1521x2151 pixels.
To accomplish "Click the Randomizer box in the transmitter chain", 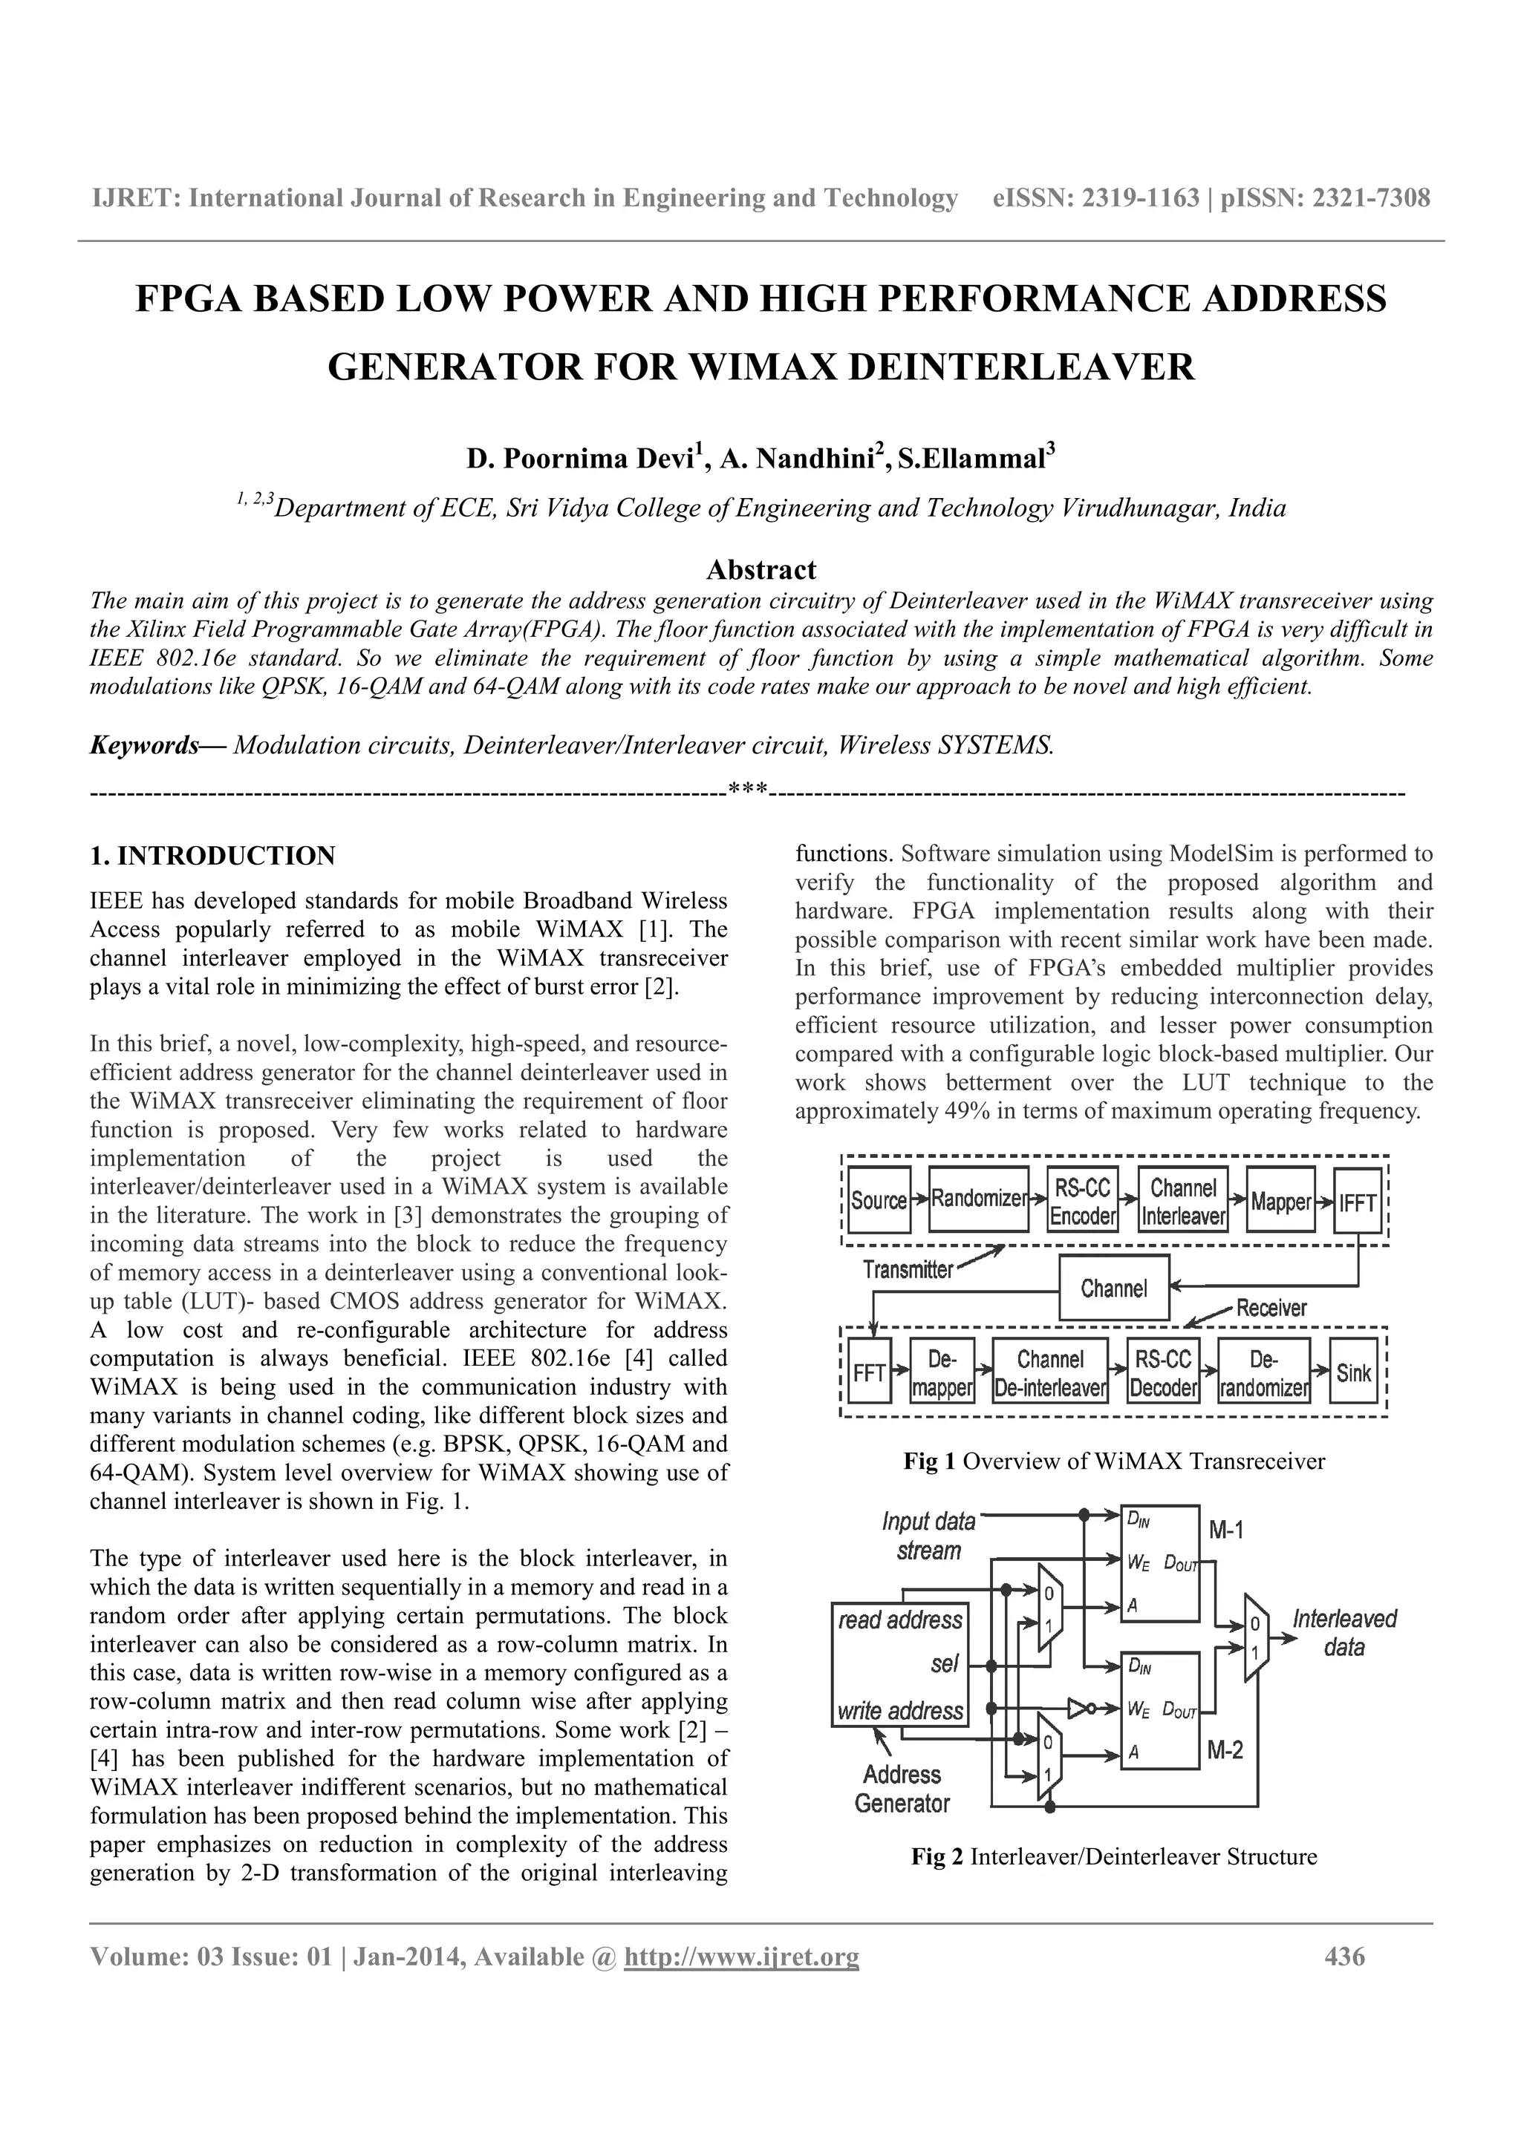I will (x=977, y=1200).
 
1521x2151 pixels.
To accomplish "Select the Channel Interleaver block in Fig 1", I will (x=1182, y=1201).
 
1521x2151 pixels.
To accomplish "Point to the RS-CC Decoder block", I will (x=1163, y=1373).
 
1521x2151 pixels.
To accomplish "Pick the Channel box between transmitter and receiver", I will (x=1114, y=1289).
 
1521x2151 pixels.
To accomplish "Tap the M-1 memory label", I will (x=1226, y=1532).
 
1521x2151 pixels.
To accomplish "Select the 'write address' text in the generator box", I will (x=899, y=1712).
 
